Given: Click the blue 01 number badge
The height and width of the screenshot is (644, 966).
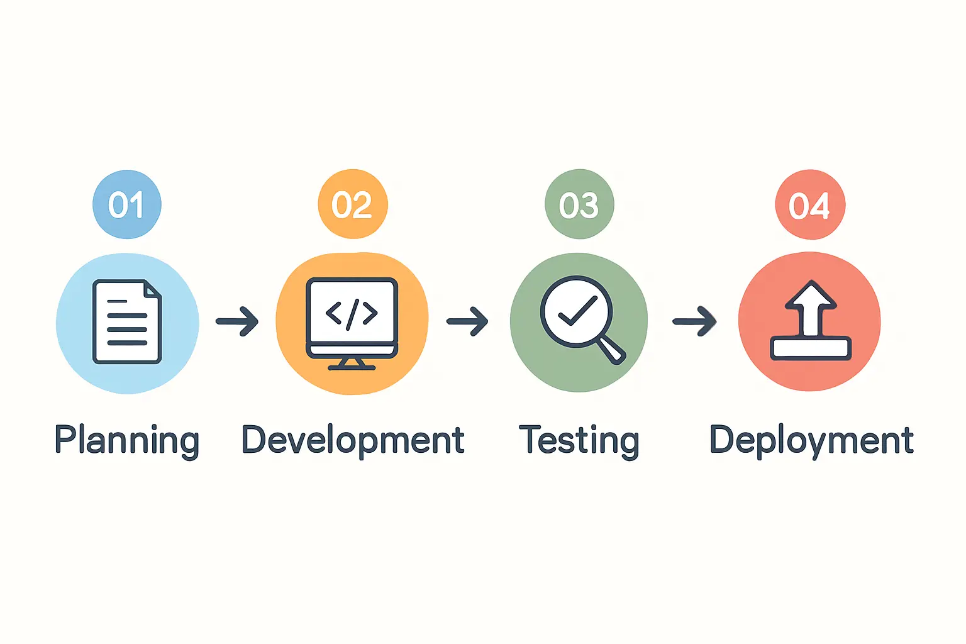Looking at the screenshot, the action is click(x=127, y=204).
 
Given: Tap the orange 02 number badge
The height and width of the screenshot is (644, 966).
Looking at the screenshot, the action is click(x=353, y=204).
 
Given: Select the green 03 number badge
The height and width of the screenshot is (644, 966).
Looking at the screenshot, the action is click(x=579, y=204).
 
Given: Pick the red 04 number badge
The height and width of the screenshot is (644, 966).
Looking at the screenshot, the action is click(x=810, y=204).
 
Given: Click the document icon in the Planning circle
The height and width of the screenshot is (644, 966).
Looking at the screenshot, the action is click(x=127, y=322).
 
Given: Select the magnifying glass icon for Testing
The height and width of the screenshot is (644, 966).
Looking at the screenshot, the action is click(x=582, y=320).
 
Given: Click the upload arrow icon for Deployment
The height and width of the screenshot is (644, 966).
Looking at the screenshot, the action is click(x=811, y=320).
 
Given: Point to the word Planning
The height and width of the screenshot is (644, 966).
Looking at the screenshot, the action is click(x=127, y=441).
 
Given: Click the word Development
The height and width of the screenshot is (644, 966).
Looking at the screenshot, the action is click(x=353, y=441).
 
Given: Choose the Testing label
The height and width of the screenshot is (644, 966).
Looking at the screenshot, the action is click(x=579, y=441).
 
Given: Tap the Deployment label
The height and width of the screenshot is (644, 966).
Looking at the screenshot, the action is click(x=811, y=441).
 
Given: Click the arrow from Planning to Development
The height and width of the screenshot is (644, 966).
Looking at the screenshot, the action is click(x=237, y=321).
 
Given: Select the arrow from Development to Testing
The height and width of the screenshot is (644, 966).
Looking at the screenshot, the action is click(x=467, y=321).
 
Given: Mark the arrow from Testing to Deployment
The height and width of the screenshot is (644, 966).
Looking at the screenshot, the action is click(x=695, y=321).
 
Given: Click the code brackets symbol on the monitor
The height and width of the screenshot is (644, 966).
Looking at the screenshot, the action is click(x=352, y=314).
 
